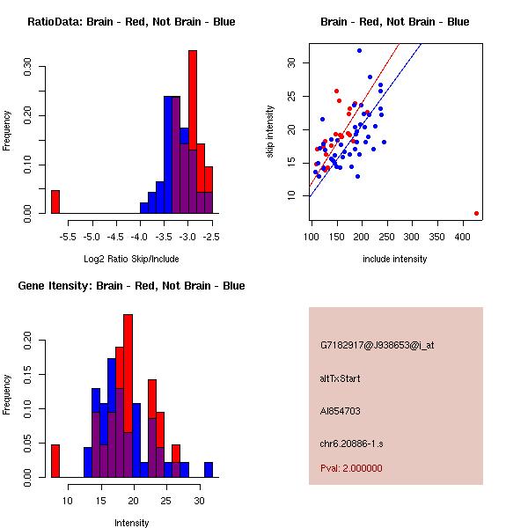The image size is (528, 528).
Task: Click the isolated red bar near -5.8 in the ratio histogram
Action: pos(55,202)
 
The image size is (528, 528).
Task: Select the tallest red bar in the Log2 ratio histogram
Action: pos(192,132)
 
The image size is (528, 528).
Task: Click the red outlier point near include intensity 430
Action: pos(476,213)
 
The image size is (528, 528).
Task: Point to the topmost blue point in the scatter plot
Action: pos(359,51)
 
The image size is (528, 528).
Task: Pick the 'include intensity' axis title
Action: pos(395,259)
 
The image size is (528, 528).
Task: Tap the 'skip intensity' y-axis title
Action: pos(271,132)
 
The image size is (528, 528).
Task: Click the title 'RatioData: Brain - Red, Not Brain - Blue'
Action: pos(131,22)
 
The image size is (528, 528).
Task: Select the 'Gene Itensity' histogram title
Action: pos(130,285)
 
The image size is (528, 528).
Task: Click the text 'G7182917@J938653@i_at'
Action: pos(378,345)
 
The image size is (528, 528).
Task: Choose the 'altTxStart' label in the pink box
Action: pos(341,378)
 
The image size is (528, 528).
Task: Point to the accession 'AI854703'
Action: pos(341,411)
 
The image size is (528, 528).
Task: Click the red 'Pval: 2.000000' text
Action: pos(352,468)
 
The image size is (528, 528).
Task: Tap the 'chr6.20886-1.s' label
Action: pos(353,444)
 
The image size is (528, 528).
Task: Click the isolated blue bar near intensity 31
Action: pos(209,469)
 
